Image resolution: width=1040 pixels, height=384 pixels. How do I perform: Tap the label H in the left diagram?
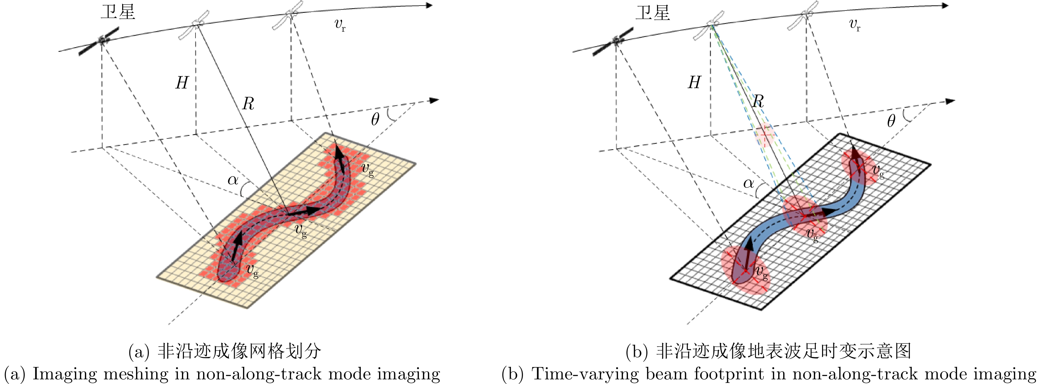(182, 83)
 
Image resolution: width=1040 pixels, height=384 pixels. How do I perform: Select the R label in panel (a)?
(248, 104)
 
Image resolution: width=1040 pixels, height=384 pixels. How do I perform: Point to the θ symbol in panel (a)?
(375, 120)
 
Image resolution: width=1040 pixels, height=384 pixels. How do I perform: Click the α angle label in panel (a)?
(233, 180)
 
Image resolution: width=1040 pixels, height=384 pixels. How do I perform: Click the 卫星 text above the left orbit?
(118, 13)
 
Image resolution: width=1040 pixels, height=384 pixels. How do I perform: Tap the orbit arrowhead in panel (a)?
(429, 5)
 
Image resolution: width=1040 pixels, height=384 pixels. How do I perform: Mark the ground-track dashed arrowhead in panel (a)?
(434, 100)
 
